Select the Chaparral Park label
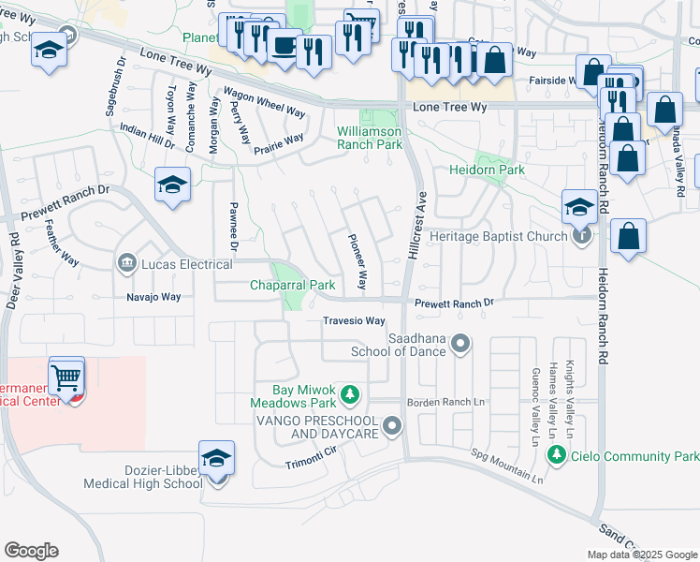click(x=292, y=285)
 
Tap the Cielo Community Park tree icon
click(x=556, y=454)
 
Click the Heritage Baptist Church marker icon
click(x=582, y=236)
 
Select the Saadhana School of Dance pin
click(x=459, y=345)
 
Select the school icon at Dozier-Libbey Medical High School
click(x=216, y=459)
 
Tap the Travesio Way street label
click(x=354, y=320)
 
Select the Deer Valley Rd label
click(x=14, y=277)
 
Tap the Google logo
click(x=31, y=550)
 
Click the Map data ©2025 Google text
click(x=641, y=555)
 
